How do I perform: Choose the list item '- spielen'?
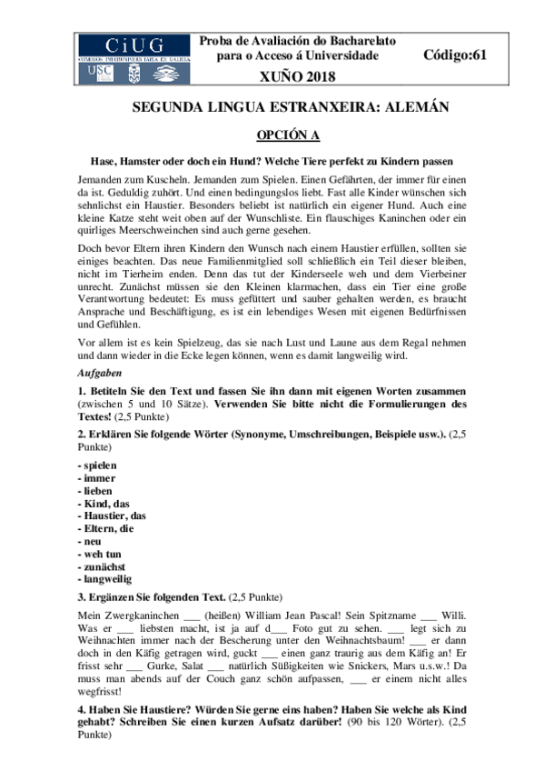(97, 465)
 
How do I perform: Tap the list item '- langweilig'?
(104, 578)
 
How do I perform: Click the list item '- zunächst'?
(102, 566)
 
